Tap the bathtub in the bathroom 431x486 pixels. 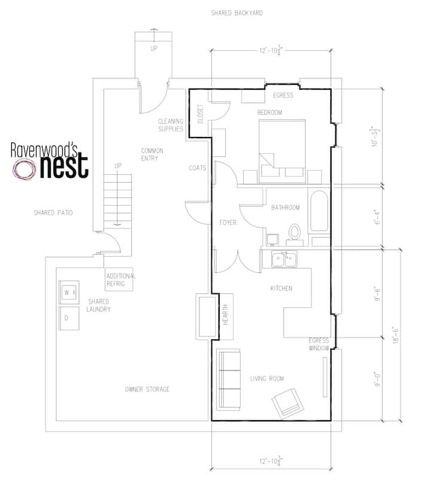pyautogui.click(x=319, y=211)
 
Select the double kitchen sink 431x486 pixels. pyautogui.click(x=284, y=259)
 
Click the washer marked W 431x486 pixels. pyautogui.click(x=69, y=293)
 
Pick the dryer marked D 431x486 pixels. pyautogui.click(x=69, y=318)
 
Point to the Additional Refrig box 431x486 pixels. pyautogui.click(x=119, y=280)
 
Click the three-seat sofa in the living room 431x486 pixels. pyautogui.click(x=228, y=379)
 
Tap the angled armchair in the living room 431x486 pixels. pyautogui.click(x=287, y=403)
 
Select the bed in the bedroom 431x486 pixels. pyautogui.click(x=282, y=151)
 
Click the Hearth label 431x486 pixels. pyautogui.click(x=226, y=315)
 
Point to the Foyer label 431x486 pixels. pyautogui.click(x=228, y=223)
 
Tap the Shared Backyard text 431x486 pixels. pyautogui.click(x=236, y=13)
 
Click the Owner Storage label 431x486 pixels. pyautogui.click(x=147, y=389)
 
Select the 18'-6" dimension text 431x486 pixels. pyautogui.click(x=395, y=335)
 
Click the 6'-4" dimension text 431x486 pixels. pyautogui.click(x=377, y=217)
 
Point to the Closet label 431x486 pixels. pyautogui.click(x=201, y=114)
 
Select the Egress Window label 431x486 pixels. pyautogui.click(x=318, y=344)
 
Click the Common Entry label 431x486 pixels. pyautogui.click(x=152, y=154)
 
